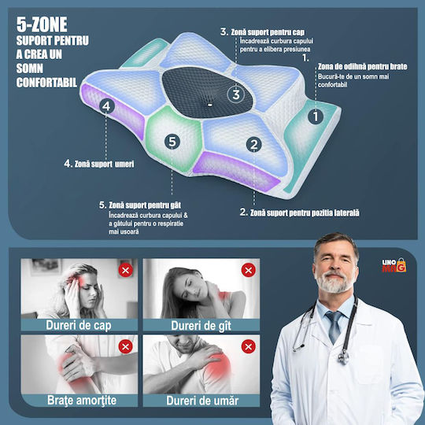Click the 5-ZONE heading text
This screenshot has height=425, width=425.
click(42, 24)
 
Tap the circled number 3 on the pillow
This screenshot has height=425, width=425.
click(236, 94)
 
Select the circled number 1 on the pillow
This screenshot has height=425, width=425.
click(316, 116)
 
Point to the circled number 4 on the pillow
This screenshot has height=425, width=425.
click(107, 106)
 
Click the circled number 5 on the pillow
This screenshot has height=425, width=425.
click(172, 141)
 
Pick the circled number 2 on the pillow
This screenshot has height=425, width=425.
click(253, 144)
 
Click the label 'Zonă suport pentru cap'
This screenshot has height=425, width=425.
click(268, 32)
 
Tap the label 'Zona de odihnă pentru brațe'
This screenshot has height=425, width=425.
click(362, 67)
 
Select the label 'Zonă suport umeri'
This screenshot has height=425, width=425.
click(104, 164)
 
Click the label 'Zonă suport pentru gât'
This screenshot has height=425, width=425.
click(145, 205)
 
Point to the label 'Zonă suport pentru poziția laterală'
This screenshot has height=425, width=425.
click(305, 213)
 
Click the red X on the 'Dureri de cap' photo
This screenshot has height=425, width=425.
click(125, 270)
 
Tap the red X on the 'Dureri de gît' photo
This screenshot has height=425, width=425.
click(248, 270)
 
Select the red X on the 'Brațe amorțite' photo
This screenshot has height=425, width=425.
click(125, 346)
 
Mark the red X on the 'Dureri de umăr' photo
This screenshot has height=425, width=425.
click(248, 346)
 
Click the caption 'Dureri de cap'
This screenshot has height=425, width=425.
click(79, 325)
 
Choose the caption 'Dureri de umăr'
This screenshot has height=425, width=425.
click(202, 401)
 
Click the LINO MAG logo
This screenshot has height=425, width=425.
click(394, 265)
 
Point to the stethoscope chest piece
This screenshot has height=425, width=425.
click(343, 357)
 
